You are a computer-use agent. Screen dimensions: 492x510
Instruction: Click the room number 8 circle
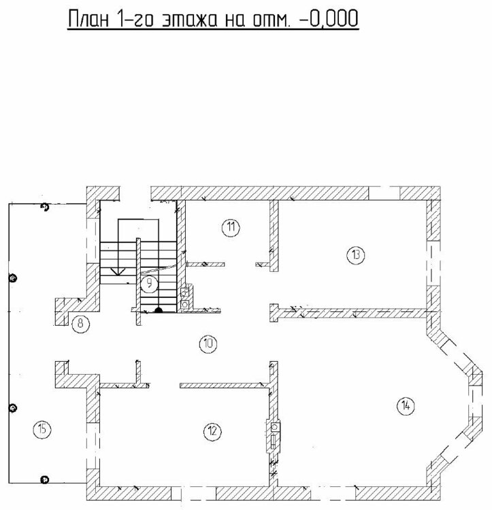81,324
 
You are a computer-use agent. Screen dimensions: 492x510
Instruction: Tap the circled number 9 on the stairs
149,284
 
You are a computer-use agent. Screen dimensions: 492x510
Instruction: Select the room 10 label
208,343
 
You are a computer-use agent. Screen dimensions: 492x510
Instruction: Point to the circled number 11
231,227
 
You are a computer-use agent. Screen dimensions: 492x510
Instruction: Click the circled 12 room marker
212,431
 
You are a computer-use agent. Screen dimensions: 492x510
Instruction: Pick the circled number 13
356,255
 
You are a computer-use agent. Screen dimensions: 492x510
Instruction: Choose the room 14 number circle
406,406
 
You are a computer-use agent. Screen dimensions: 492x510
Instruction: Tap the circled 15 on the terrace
42,429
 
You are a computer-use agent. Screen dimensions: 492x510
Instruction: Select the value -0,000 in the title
328,18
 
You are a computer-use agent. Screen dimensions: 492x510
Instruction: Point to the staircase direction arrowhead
118,271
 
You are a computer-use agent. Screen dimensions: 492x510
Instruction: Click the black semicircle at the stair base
158,310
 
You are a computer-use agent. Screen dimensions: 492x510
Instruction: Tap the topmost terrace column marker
45,207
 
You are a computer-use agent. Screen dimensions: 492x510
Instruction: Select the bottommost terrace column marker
44,480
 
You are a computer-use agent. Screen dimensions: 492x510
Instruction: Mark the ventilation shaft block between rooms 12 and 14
274,437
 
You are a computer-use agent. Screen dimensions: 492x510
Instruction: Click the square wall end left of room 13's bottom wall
274,313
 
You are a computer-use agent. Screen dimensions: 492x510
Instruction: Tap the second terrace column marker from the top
13,278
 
